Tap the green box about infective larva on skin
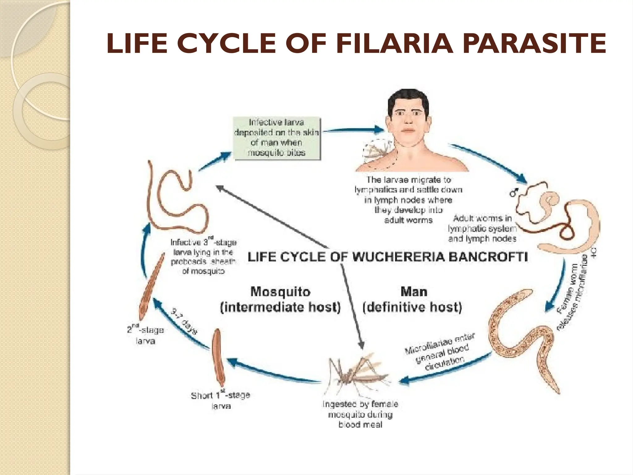tap(277, 138)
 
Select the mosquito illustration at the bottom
tap(359, 376)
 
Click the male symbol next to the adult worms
tap(514, 193)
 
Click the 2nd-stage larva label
tap(145, 335)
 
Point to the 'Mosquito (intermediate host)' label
tap(280, 299)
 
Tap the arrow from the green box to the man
tap(352, 130)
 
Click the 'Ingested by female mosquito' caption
tap(360, 414)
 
